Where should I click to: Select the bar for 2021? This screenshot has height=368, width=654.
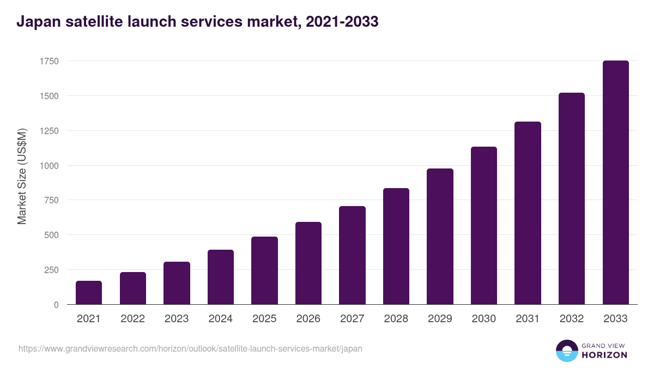[x=89, y=293]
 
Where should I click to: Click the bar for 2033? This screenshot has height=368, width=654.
[x=615, y=183]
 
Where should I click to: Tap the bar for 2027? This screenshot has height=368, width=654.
[x=352, y=255]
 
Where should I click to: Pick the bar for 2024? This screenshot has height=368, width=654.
[x=221, y=277]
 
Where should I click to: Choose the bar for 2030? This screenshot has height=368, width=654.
[x=484, y=226]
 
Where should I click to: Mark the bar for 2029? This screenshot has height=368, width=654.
[x=440, y=237]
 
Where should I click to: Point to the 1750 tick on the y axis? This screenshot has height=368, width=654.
[x=49, y=61]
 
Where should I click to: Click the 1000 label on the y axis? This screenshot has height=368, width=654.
[x=49, y=166]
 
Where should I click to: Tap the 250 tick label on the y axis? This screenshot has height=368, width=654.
[x=51, y=270]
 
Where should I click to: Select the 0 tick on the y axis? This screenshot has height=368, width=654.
[x=56, y=305]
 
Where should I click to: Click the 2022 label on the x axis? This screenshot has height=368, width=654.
[x=132, y=319]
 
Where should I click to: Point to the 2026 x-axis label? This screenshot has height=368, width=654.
[x=308, y=319]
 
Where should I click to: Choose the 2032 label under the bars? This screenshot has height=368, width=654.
[x=572, y=319]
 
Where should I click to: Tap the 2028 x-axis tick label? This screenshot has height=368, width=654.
[x=396, y=319]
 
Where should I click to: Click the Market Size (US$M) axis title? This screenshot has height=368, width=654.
[x=22, y=176]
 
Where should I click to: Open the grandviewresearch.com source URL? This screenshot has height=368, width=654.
[x=190, y=348]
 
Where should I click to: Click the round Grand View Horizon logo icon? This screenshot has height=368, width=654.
[x=566, y=351]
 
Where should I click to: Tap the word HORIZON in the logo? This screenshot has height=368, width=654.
[x=604, y=355]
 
